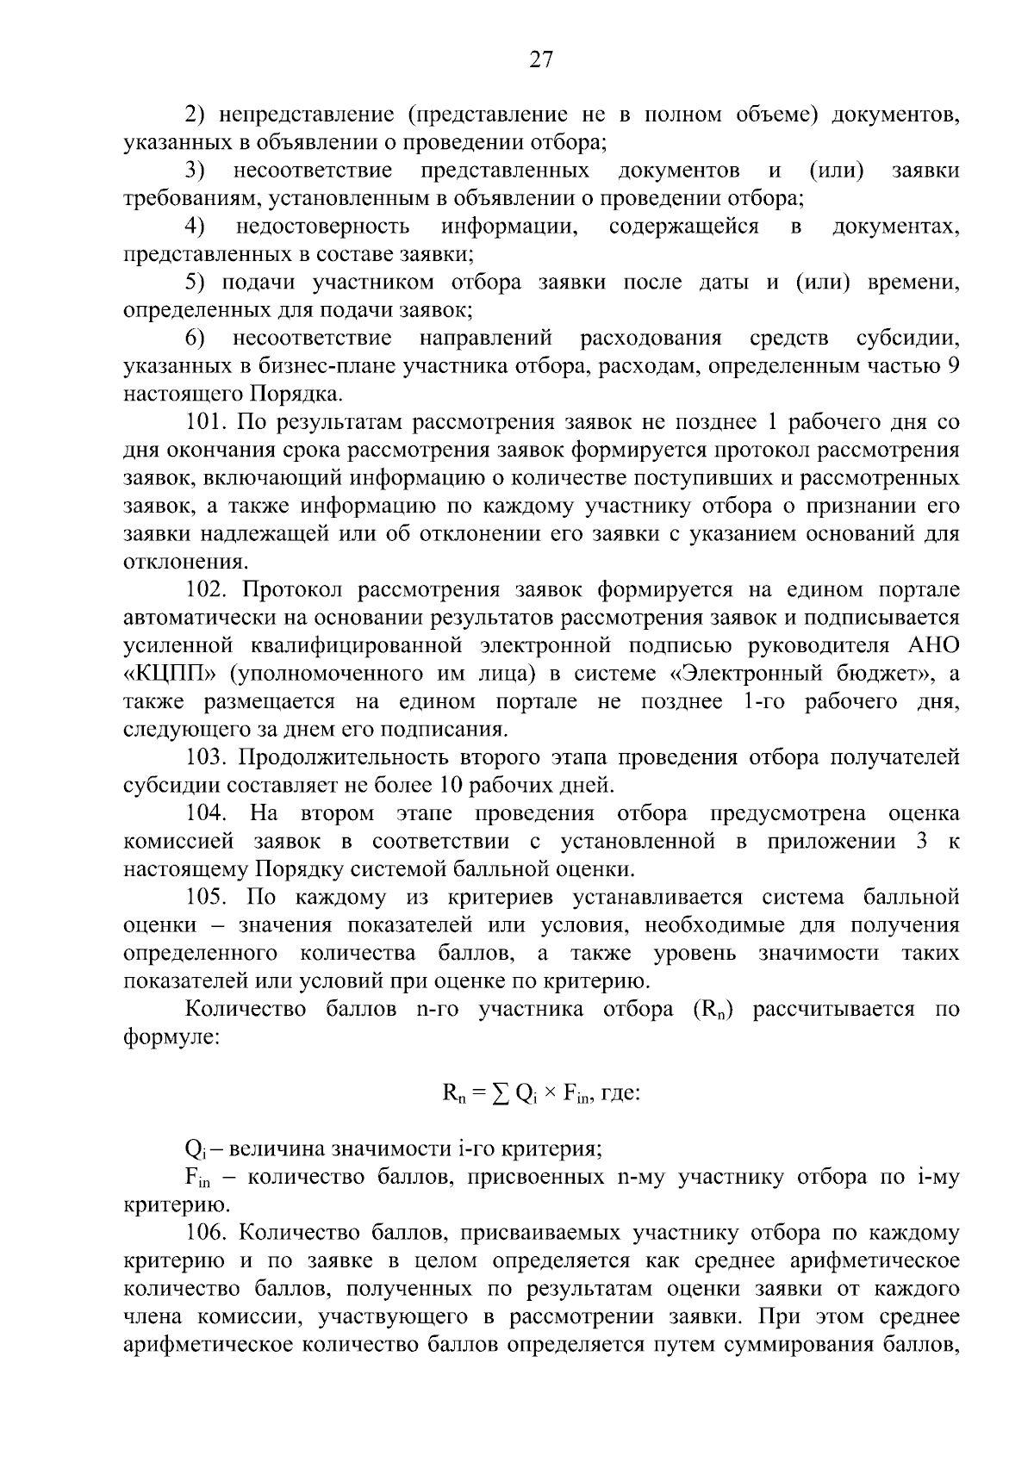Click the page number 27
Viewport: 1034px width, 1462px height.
click(x=540, y=59)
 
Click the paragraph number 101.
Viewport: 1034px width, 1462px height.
click(x=206, y=422)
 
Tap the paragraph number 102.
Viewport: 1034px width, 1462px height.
click(x=206, y=590)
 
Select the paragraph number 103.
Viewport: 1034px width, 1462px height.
click(x=206, y=758)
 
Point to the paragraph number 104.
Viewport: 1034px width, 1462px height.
click(x=206, y=814)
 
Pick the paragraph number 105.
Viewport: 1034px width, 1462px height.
click(x=206, y=898)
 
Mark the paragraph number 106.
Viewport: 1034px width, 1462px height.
click(x=206, y=1234)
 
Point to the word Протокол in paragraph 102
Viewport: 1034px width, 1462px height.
click(x=293, y=590)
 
